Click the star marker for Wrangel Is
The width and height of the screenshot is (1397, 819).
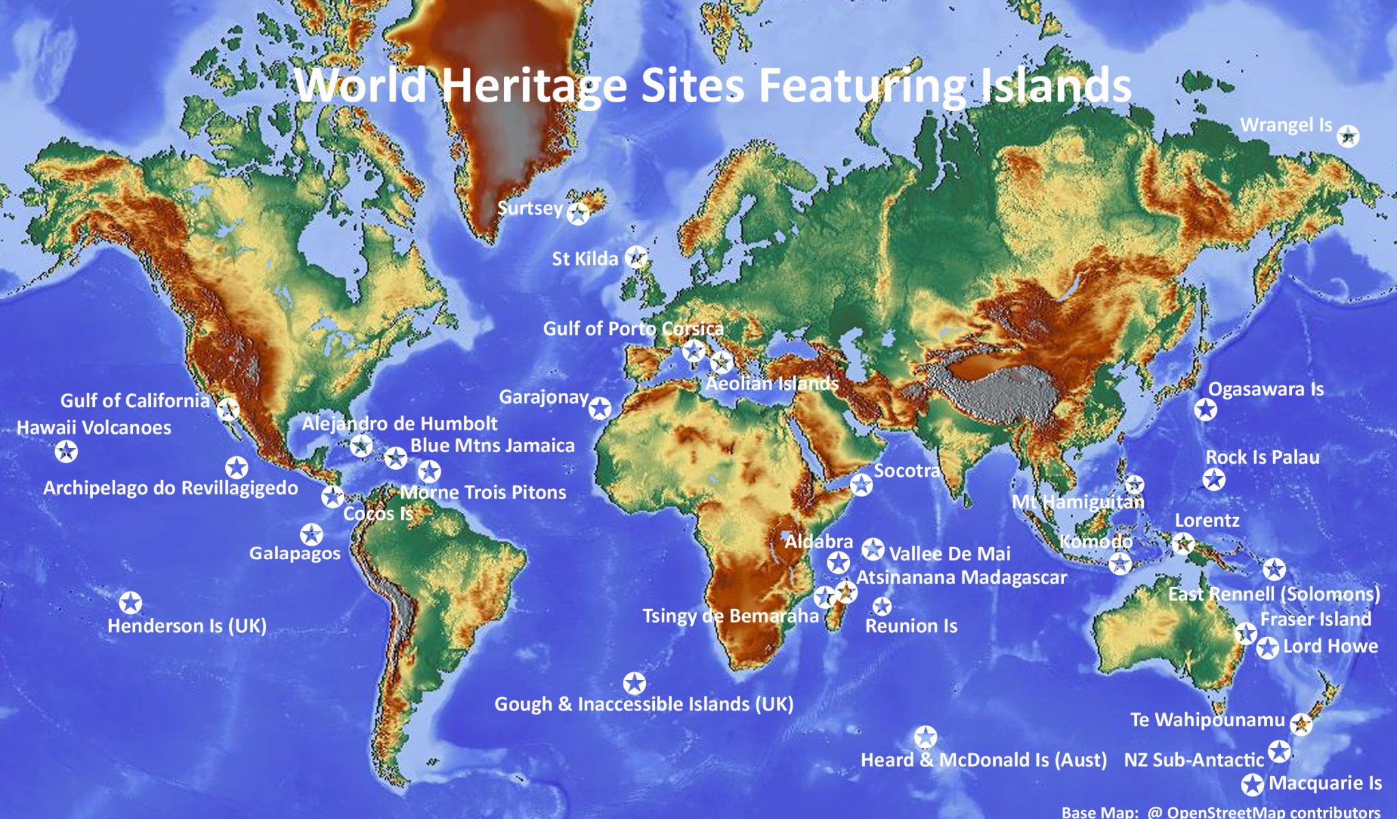(x=1347, y=136)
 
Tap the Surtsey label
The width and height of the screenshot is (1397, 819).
(x=530, y=208)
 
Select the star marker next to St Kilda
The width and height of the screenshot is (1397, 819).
(x=636, y=257)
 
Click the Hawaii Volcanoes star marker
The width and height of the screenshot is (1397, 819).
(x=66, y=451)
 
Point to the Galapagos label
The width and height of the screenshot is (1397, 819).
(x=295, y=552)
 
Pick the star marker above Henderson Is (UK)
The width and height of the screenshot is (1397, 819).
(x=130, y=603)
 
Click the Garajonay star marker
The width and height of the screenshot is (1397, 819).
(x=600, y=408)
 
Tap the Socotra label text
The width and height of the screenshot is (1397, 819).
(x=907, y=471)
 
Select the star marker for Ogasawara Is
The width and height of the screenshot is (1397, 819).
(x=1205, y=410)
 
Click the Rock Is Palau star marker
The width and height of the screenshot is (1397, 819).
(x=1214, y=479)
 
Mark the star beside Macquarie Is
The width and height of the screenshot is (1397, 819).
(x=1252, y=785)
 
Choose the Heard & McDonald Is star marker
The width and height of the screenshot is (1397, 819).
(x=925, y=737)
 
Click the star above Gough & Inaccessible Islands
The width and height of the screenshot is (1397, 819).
(x=634, y=683)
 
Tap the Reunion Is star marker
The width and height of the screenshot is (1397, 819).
(x=882, y=606)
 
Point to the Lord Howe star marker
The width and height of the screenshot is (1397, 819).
(x=1267, y=648)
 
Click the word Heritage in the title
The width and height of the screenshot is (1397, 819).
(x=533, y=85)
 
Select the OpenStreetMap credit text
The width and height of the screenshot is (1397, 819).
(x=1221, y=812)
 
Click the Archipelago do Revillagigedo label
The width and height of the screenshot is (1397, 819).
(x=171, y=488)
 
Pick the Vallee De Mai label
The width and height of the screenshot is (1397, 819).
(x=950, y=554)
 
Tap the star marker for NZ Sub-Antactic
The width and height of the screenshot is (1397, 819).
(x=1279, y=751)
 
